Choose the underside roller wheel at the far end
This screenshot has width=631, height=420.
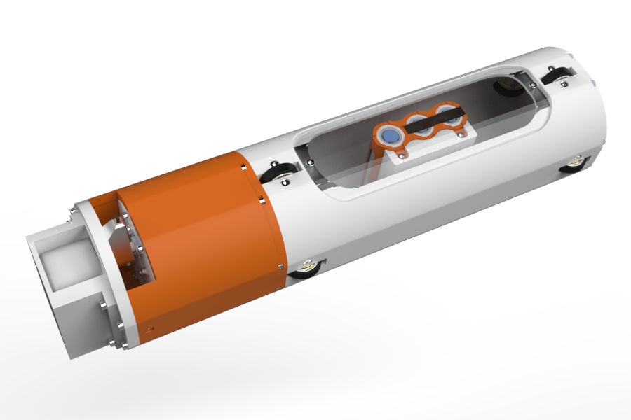(x=578, y=165)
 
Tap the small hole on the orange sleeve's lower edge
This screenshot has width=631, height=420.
(x=148, y=327)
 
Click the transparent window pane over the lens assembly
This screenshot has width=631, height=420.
(x=337, y=161)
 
